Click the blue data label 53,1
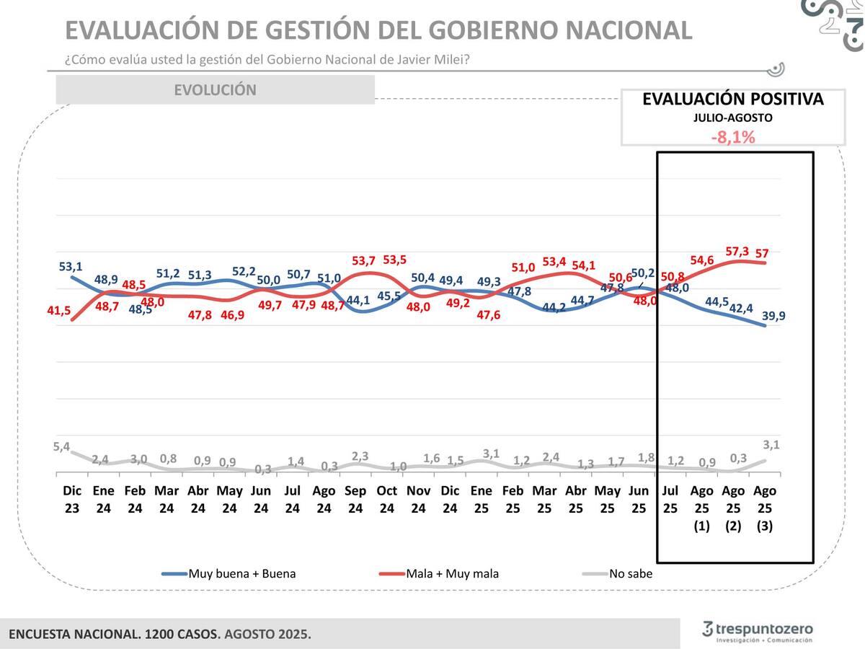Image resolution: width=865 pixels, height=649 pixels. [71, 267]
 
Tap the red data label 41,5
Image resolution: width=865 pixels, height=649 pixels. [60, 311]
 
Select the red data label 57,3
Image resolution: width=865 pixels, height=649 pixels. [737, 251]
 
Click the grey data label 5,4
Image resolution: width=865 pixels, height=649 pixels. [62, 447]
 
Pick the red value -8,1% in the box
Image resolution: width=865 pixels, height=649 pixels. [732, 136]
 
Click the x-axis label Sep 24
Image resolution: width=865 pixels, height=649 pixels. [355, 499]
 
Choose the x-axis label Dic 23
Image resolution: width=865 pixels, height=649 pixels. [72, 499]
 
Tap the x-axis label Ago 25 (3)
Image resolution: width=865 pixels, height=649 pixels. [765, 508]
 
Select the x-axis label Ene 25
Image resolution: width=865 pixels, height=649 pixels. [482, 499]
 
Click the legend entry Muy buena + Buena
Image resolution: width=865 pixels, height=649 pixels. [241, 574]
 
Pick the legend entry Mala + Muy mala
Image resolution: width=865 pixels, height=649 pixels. [452, 574]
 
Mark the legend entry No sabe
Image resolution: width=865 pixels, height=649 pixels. [630, 574]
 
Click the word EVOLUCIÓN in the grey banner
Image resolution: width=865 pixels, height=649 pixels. [215, 90]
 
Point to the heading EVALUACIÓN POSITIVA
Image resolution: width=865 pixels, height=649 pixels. [732, 100]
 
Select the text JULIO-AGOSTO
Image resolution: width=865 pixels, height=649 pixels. [732, 118]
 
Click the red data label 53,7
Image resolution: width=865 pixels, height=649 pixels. [364, 260]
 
